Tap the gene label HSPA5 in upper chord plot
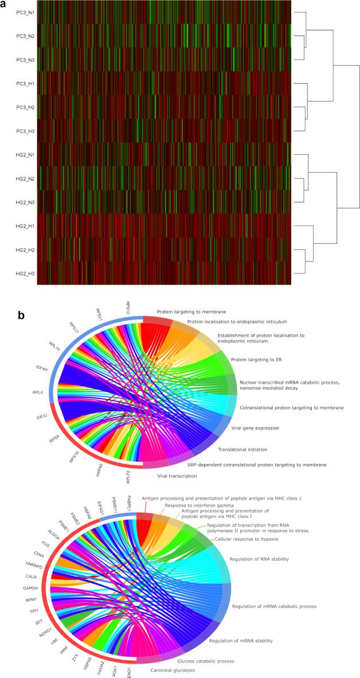click(x=112, y=466)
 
